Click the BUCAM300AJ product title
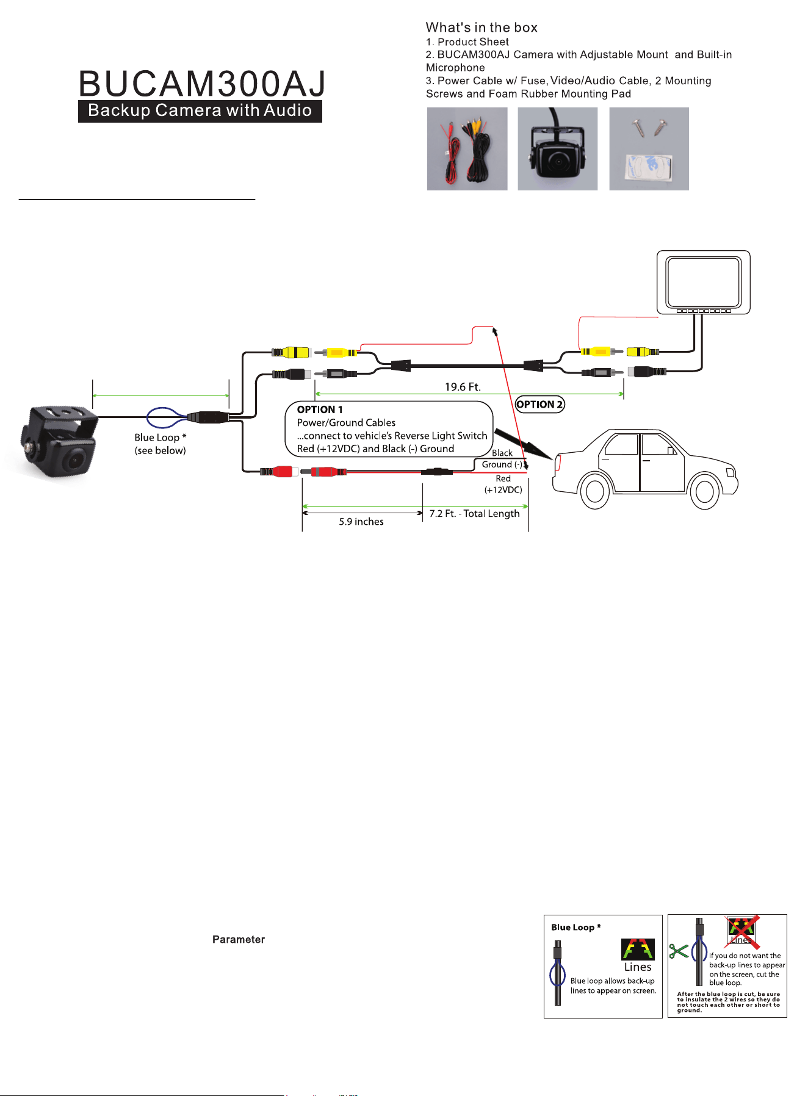(x=202, y=84)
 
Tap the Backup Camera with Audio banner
(x=200, y=110)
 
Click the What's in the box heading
(x=482, y=27)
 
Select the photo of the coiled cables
(x=467, y=149)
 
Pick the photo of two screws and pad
(x=649, y=149)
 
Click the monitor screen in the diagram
(x=704, y=282)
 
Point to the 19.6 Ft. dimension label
(x=463, y=387)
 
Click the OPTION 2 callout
(x=540, y=405)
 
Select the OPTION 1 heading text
(x=320, y=409)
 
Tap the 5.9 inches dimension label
(x=361, y=522)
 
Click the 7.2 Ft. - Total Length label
(x=475, y=514)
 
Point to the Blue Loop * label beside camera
(x=161, y=438)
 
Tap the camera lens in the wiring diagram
(x=75, y=458)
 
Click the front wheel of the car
(x=704, y=491)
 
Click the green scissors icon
(x=679, y=951)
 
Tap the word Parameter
(x=239, y=940)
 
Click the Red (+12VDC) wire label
(x=503, y=484)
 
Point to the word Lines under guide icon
(x=638, y=967)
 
